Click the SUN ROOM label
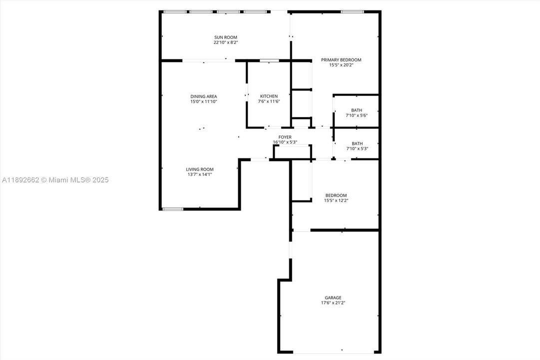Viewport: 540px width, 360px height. pyautogui.click(x=226, y=37)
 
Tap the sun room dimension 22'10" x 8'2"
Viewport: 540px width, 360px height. pyautogui.click(x=226, y=43)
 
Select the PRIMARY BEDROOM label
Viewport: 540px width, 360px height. pyautogui.click(x=341, y=60)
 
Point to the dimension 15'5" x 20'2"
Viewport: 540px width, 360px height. pyautogui.click(x=341, y=65)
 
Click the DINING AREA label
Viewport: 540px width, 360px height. pyautogui.click(x=204, y=96)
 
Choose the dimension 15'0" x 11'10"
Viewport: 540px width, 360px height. pyautogui.click(x=204, y=101)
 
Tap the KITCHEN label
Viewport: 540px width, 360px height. pyautogui.click(x=269, y=96)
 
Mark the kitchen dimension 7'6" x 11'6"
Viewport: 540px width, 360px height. pyautogui.click(x=269, y=101)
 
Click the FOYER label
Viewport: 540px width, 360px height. pyautogui.click(x=285, y=137)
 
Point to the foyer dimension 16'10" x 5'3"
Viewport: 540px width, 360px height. pyautogui.click(x=285, y=142)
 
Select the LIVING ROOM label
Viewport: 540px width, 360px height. pyautogui.click(x=200, y=169)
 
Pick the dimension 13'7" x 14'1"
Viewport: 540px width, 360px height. pyautogui.click(x=200, y=174)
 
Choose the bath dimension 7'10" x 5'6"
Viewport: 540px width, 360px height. pyautogui.click(x=357, y=115)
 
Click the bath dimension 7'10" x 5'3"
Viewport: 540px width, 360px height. pyautogui.click(x=357, y=148)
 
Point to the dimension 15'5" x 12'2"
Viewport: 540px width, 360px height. pyautogui.click(x=336, y=200)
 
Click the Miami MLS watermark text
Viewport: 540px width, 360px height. pyautogui.click(x=55, y=180)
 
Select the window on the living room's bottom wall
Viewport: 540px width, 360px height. pyautogui.click(x=172, y=208)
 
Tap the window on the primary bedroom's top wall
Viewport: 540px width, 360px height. pyautogui.click(x=352, y=11)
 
